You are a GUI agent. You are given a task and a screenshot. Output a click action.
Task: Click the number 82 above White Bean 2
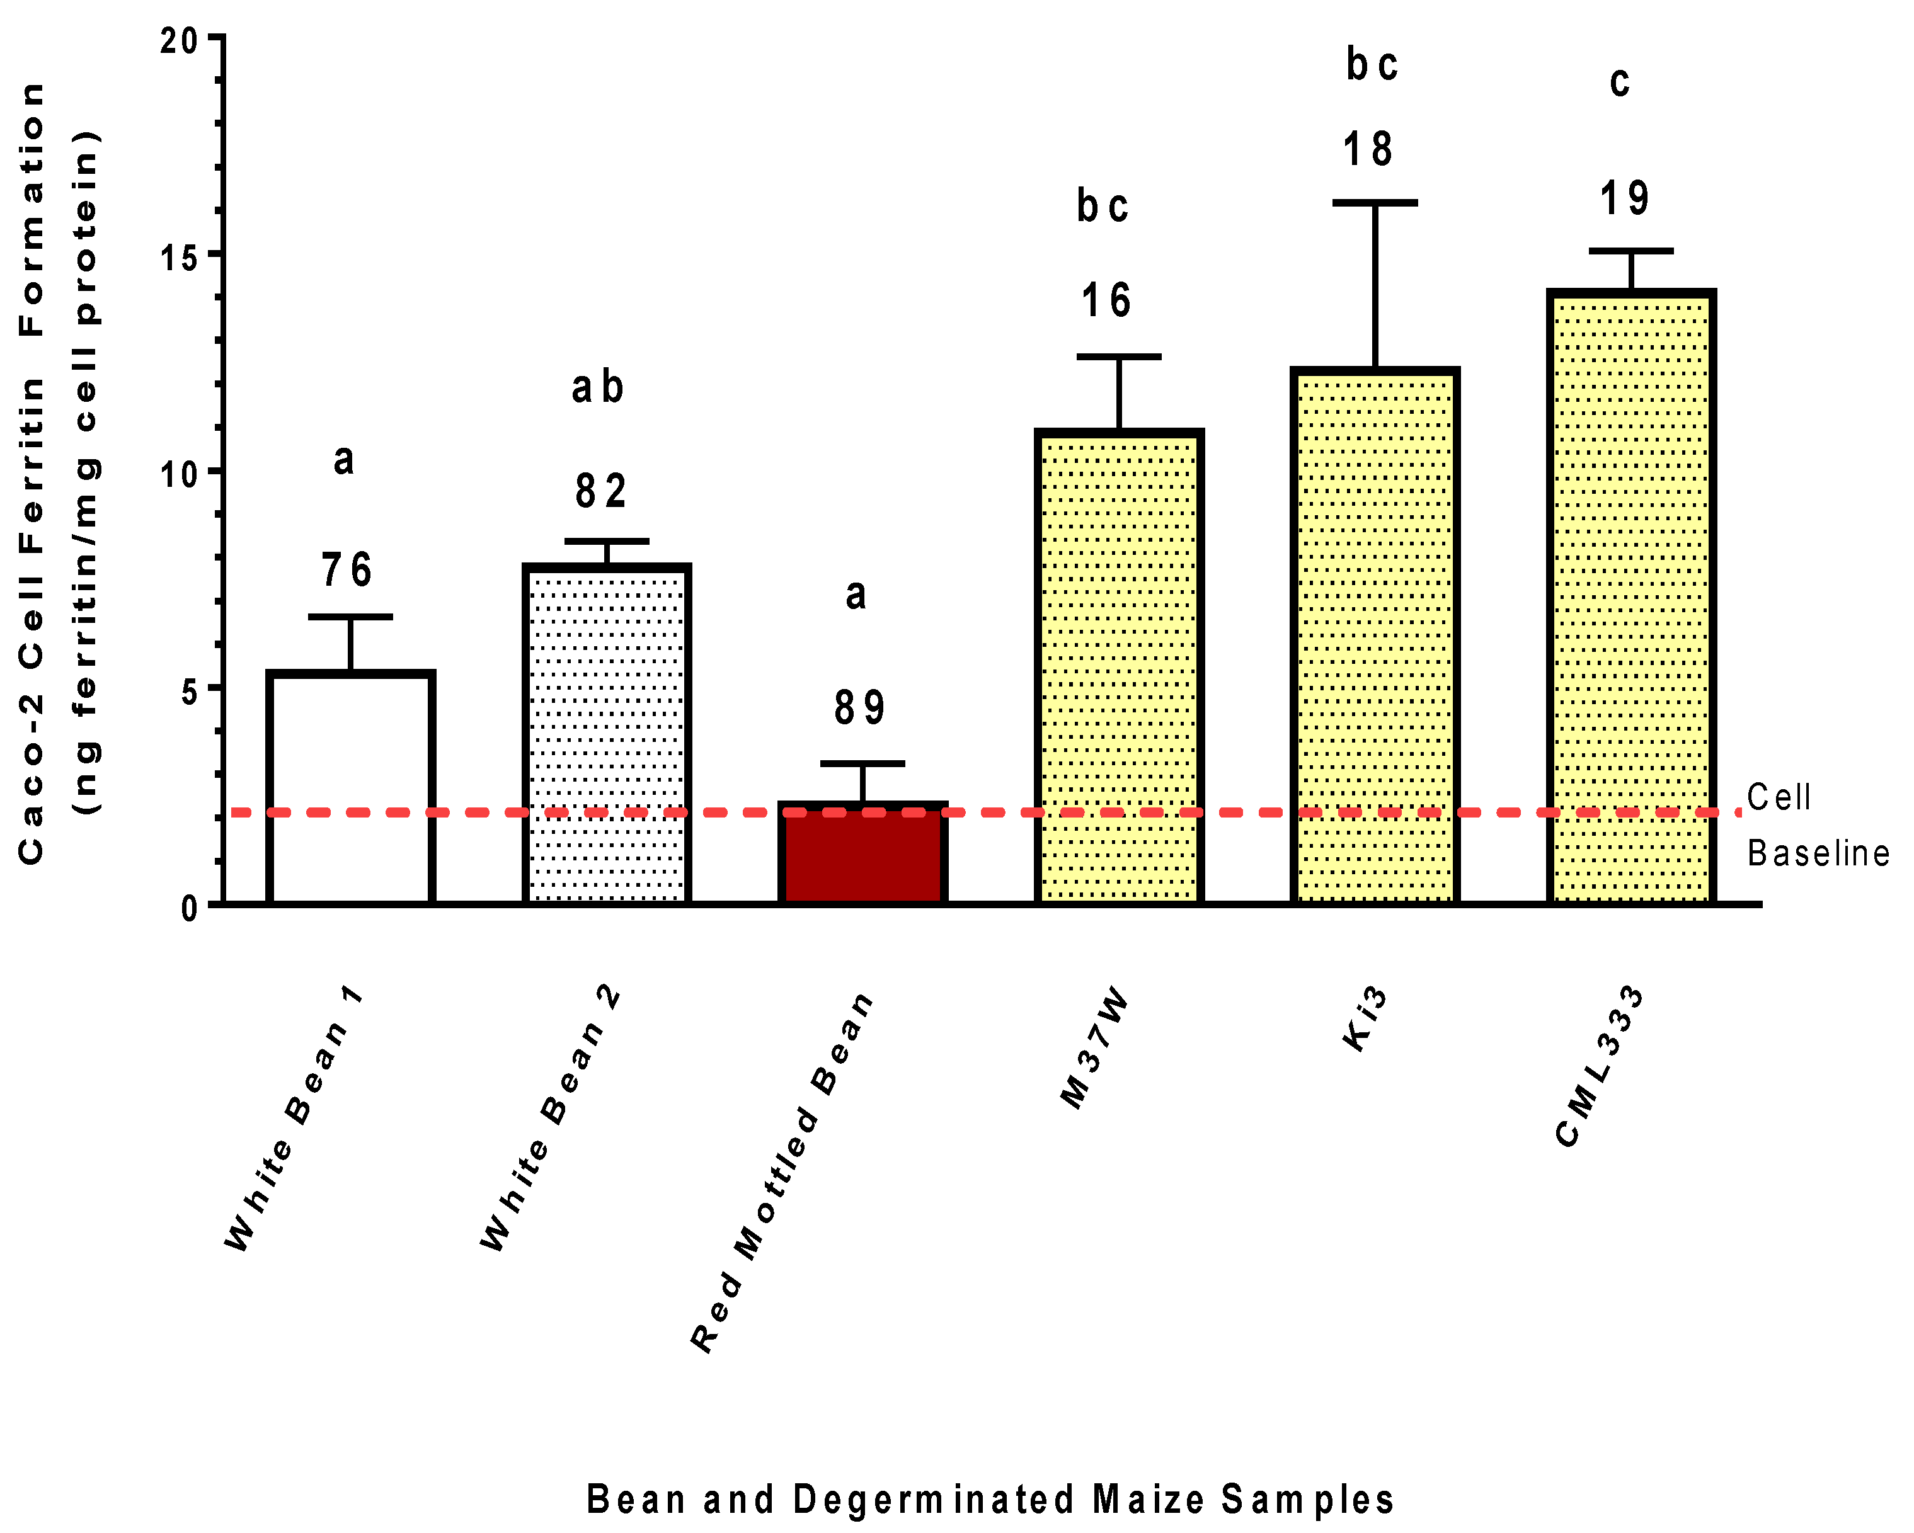[601, 491]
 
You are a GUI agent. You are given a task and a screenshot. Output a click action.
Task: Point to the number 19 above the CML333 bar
[1625, 198]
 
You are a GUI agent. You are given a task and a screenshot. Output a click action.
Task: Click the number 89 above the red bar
[859, 707]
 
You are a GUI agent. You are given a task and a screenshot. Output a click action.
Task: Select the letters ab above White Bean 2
[597, 387]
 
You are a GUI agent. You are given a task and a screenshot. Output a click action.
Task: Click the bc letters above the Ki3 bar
[1372, 64]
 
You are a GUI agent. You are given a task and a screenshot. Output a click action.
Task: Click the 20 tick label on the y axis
[180, 40]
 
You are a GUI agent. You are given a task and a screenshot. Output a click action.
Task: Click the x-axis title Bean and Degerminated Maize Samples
[990, 1499]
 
